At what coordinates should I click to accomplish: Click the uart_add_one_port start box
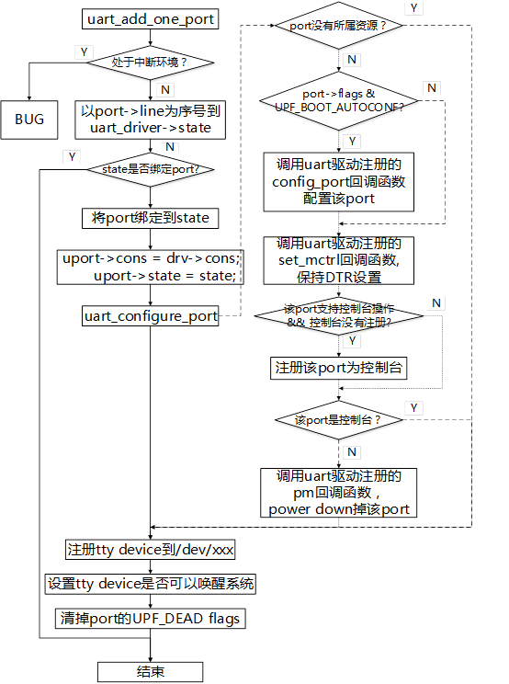pyautogui.click(x=152, y=19)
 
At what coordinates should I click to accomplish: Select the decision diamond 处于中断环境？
pyautogui.click(x=150, y=63)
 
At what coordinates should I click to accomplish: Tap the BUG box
pyautogui.click(x=29, y=119)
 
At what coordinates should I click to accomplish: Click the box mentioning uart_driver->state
pyautogui.click(x=151, y=119)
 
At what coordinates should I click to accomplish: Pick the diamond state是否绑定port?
pyautogui.click(x=150, y=168)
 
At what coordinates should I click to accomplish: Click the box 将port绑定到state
pyautogui.click(x=151, y=218)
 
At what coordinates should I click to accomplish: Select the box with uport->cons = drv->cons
pyautogui.click(x=151, y=268)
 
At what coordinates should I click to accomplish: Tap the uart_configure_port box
pyautogui.click(x=151, y=316)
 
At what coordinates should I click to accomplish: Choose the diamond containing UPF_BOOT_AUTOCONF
pyautogui.click(x=341, y=99)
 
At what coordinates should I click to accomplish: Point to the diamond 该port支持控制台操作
pyautogui.click(x=340, y=316)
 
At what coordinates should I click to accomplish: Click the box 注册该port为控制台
pyautogui.click(x=340, y=367)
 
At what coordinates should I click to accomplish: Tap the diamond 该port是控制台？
pyautogui.click(x=340, y=419)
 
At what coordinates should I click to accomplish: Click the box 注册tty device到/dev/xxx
pyautogui.click(x=151, y=550)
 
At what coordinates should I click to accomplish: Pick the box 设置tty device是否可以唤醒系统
pyautogui.click(x=151, y=584)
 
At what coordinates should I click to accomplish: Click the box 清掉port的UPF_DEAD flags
pyautogui.click(x=151, y=618)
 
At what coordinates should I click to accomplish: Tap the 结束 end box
pyautogui.click(x=151, y=671)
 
